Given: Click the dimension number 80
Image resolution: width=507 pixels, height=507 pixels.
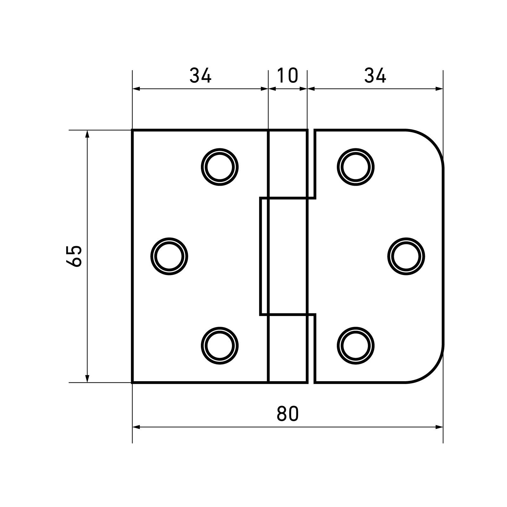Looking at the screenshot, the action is click(x=288, y=414).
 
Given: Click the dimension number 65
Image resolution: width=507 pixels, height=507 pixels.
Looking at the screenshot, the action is click(x=74, y=256).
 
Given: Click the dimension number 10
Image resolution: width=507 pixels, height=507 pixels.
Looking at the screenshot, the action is click(x=288, y=75).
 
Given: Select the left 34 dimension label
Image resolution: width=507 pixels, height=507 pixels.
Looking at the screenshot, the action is click(x=200, y=75).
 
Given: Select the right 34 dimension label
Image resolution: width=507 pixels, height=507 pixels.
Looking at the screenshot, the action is click(x=375, y=75).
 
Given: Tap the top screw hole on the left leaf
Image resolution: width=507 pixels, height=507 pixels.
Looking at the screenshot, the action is click(x=220, y=167).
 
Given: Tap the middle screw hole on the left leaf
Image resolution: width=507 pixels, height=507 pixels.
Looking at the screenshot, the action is click(x=169, y=256).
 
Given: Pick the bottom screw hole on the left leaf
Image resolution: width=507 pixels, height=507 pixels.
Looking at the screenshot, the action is click(x=220, y=345).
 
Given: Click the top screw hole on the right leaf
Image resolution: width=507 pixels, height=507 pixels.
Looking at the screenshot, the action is click(x=356, y=167).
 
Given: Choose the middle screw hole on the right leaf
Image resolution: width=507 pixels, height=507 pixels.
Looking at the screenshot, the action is click(x=406, y=256).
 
